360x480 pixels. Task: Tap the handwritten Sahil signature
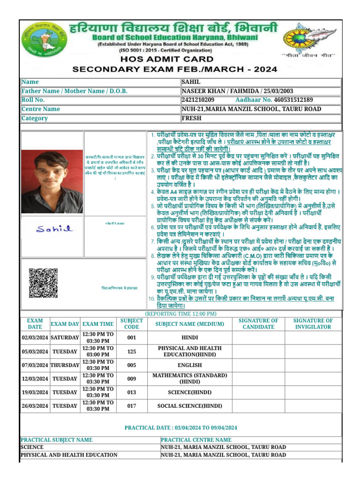coord(54,229)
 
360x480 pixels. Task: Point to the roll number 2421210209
coord(198,100)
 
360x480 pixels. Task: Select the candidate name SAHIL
coord(189,82)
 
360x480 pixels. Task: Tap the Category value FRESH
coord(191,118)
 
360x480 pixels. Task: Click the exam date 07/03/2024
coord(35,365)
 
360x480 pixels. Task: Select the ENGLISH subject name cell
coord(189,365)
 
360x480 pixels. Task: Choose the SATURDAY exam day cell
coord(65,338)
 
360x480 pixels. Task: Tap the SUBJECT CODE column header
coord(131,324)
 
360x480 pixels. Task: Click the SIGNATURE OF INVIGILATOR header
coord(313,324)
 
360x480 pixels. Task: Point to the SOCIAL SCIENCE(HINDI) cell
coord(189,406)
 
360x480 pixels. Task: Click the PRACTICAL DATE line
coord(180,427)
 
